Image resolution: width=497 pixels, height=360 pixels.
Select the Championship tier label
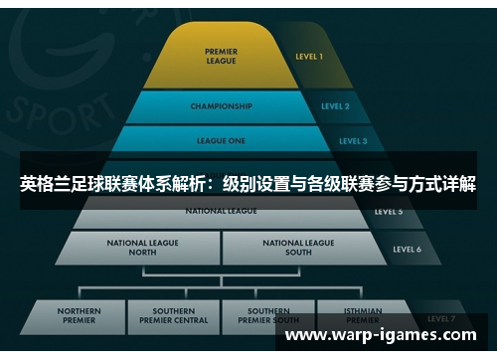[221, 105]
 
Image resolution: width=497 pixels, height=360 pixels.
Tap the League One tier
[221, 140]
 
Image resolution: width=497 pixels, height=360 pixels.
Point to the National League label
[221, 211]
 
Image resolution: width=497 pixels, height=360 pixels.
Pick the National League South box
[298, 248]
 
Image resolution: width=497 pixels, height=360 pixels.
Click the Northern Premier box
[80, 315]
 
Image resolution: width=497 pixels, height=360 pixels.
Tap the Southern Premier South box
[268, 315]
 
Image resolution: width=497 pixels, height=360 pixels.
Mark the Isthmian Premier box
[362, 315]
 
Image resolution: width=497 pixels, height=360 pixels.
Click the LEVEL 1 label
[309, 57]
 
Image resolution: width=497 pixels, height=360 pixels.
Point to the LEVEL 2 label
[335, 105]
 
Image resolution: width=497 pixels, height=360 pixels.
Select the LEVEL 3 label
[352, 141]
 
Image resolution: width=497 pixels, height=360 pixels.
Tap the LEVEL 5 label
[388, 212]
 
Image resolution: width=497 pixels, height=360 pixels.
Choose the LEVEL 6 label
[407, 249]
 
